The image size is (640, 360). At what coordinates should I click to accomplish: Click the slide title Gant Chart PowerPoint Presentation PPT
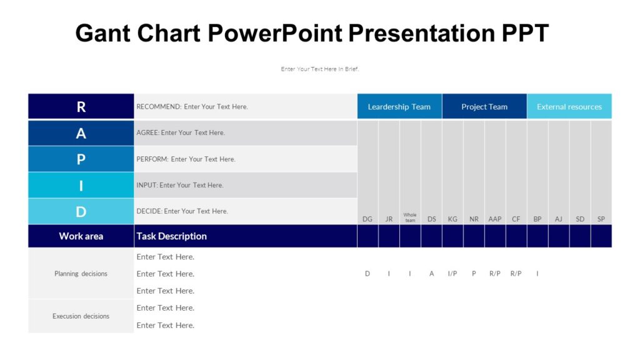pyautogui.click(x=312, y=32)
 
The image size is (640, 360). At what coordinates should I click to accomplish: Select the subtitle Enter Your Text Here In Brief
pyautogui.click(x=319, y=69)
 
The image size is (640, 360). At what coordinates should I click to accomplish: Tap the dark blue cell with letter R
pyautogui.click(x=81, y=107)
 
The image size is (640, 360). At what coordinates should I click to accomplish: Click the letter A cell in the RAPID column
pyautogui.click(x=81, y=133)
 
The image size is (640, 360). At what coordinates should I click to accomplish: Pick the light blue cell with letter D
pyautogui.click(x=81, y=212)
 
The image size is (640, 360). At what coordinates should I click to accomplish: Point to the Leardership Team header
pyautogui.click(x=399, y=107)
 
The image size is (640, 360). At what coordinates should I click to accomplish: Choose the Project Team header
pyautogui.click(x=484, y=107)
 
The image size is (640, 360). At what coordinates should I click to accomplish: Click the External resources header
pyautogui.click(x=569, y=107)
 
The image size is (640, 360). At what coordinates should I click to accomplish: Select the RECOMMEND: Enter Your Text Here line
pyautogui.click(x=192, y=107)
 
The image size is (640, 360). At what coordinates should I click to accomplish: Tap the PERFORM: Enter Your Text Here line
pyautogui.click(x=186, y=159)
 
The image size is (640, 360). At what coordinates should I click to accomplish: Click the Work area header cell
pyautogui.click(x=81, y=236)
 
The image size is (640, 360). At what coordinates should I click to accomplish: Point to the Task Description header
pyautogui.click(x=171, y=236)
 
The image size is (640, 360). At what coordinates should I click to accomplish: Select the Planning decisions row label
pyautogui.click(x=81, y=274)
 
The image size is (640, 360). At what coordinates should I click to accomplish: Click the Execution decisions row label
pyautogui.click(x=81, y=316)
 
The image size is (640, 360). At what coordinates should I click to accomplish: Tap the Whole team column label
pyautogui.click(x=410, y=217)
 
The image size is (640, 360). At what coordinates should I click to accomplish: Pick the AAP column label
pyautogui.click(x=495, y=219)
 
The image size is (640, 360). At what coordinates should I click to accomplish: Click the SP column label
pyautogui.click(x=601, y=219)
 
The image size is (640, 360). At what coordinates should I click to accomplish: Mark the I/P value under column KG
pyautogui.click(x=452, y=274)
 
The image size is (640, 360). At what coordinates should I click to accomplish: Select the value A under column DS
pyautogui.click(x=431, y=274)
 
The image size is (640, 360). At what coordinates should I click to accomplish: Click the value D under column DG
pyautogui.click(x=367, y=274)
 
